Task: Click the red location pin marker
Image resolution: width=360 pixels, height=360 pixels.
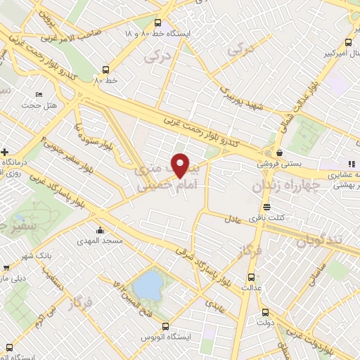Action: pyautogui.click(x=181, y=165)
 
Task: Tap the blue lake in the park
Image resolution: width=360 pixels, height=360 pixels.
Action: pyautogui.click(x=148, y=285)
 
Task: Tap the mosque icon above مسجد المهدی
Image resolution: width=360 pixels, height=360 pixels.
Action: pyautogui.click(x=101, y=229)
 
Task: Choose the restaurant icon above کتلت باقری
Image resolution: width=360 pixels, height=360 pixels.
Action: pyautogui.click(x=266, y=207)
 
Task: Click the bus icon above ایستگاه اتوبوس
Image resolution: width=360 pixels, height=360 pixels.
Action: pyautogui.click(x=167, y=326)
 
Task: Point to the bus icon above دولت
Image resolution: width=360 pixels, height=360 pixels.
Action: pyautogui.click(x=264, y=313)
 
